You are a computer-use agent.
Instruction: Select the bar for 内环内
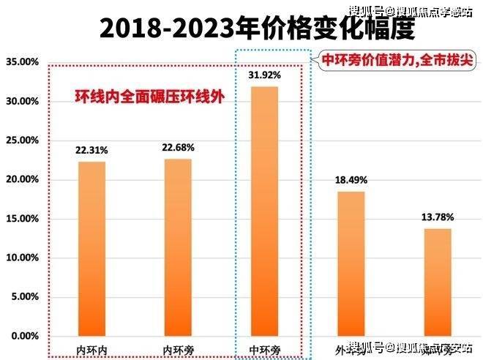[91, 249]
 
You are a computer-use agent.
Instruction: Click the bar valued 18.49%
[351, 263]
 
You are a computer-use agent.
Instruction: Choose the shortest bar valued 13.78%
[437, 282]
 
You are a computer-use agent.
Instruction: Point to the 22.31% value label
[91, 150]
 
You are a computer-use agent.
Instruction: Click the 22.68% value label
[178, 148]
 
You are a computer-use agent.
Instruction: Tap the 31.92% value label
[264, 75]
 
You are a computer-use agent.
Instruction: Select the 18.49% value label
[351, 180]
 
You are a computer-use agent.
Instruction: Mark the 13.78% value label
[437, 217]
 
